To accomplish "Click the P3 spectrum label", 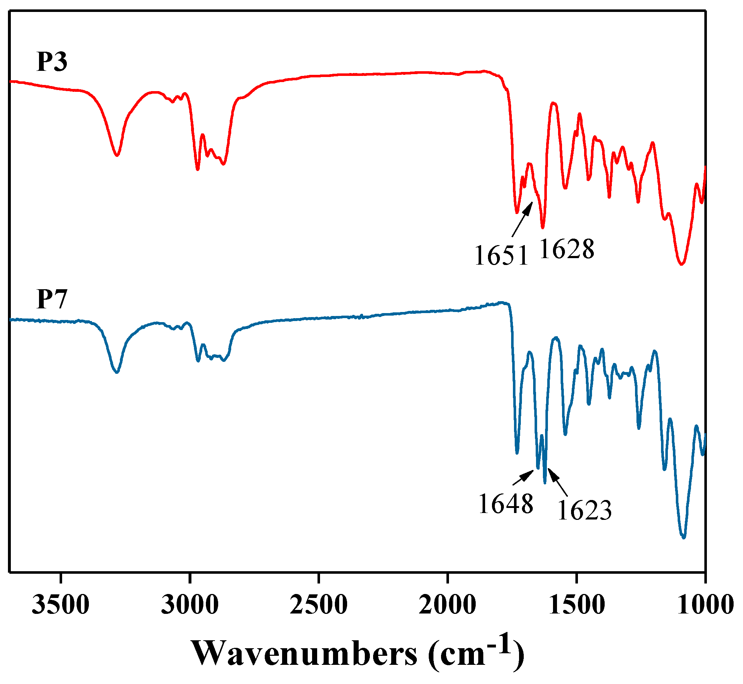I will (52, 62).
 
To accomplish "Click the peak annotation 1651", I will (501, 256).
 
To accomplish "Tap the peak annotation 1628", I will (567, 249).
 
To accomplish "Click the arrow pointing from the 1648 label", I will (523, 477).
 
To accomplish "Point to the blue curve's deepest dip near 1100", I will (683, 538).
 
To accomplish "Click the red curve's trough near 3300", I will (117, 155).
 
